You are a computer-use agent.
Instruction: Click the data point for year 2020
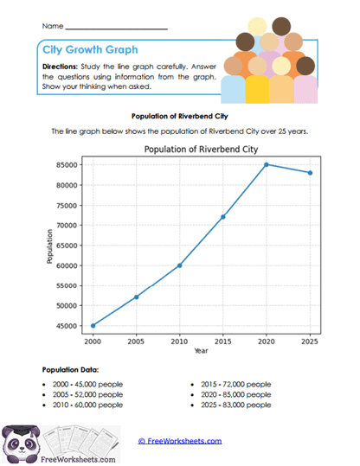click(x=267, y=164)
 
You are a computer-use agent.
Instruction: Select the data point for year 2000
click(x=93, y=325)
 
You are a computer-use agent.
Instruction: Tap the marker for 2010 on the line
click(x=179, y=265)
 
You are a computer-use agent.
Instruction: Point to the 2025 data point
click(x=310, y=173)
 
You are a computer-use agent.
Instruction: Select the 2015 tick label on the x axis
click(x=223, y=342)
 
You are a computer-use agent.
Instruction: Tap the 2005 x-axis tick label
click(x=136, y=342)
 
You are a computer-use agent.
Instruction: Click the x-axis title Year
click(x=201, y=351)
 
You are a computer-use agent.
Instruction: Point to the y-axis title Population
click(x=51, y=246)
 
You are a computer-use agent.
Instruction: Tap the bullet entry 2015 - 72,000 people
click(x=232, y=382)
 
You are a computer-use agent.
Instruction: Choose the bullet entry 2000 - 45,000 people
click(x=83, y=382)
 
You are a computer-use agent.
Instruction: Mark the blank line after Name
click(x=116, y=29)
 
